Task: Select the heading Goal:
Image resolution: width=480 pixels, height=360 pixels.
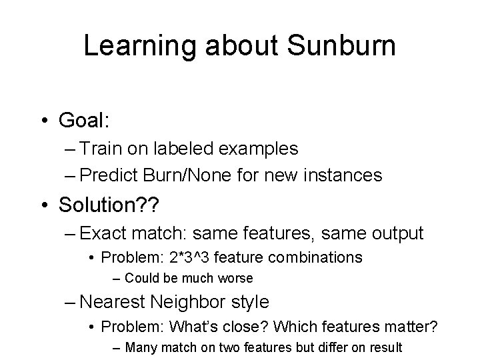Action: click(x=84, y=121)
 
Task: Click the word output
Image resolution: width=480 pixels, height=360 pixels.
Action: click(x=395, y=233)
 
